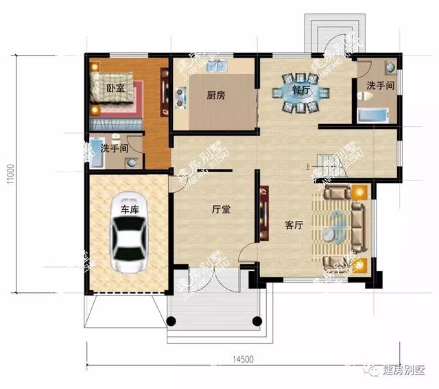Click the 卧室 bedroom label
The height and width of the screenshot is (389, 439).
click(115, 88)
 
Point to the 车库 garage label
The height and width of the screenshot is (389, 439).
click(130, 210)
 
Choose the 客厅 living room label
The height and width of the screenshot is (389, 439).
click(294, 225)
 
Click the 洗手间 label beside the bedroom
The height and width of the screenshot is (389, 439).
click(115, 148)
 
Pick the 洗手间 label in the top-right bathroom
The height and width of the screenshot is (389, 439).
click(380, 86)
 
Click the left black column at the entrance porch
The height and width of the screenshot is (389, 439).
click(171, 320)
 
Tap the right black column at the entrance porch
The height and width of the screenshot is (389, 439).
click(257, 320)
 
